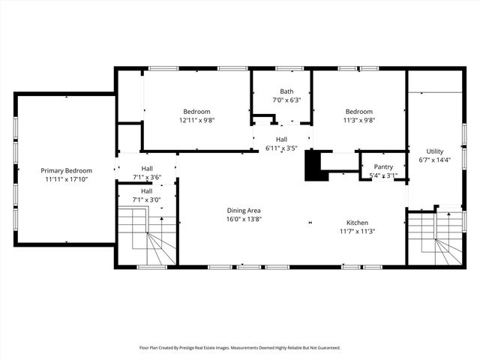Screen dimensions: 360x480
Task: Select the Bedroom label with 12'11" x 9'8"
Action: click(196, 112)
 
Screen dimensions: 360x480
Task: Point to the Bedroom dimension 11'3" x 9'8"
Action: click(358, 120)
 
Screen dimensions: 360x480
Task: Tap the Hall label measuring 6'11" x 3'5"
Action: click(281, 139)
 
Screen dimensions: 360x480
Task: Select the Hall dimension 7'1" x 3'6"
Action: click(147, 177)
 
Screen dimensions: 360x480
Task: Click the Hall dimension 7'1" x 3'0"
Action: click(147, 200)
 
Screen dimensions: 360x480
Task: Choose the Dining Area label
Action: click(244, 211)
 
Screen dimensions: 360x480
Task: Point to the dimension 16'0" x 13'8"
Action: click(244, 220)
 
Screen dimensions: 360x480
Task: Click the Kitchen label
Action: click(357, 223)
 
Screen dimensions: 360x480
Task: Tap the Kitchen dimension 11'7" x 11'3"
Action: click(357, 232)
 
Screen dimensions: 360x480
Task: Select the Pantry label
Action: click(383, 167)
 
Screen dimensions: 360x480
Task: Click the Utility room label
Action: click(435, 151)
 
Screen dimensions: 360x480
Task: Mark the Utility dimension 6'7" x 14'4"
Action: click(435, 160)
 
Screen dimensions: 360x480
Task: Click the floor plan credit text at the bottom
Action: click(240, 348)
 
